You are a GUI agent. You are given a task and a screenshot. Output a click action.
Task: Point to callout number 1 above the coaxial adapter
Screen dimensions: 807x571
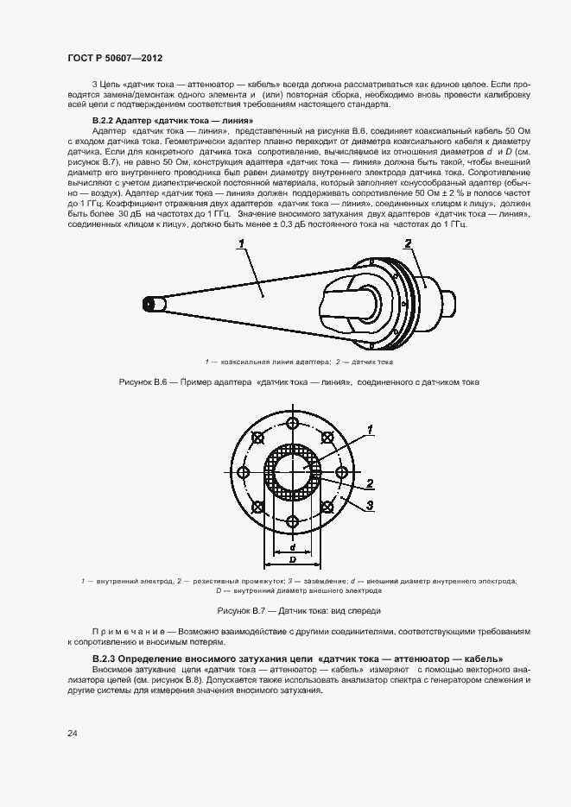243,244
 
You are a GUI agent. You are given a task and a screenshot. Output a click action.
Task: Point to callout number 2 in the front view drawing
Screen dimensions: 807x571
369,483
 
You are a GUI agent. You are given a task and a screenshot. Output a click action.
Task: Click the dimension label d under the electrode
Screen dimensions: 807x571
294,547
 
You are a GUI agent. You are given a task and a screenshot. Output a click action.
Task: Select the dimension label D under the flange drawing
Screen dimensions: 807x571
294,559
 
